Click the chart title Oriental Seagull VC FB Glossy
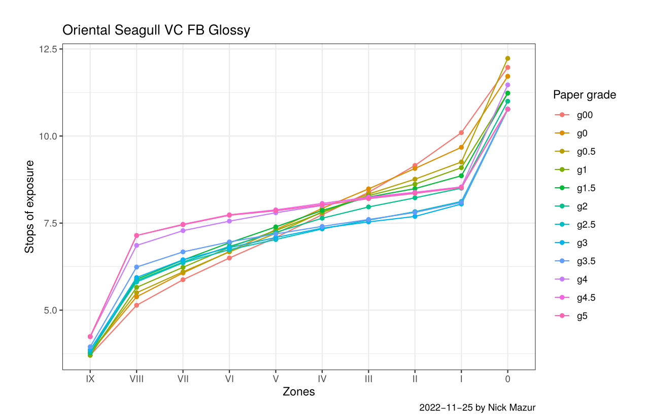pos(156,30)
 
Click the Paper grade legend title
pos(585,95)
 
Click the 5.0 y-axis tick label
pos(49,310)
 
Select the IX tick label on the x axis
pos(90,378)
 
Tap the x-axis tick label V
pos(276,378)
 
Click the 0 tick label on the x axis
pos(507,378)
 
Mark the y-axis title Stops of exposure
pos(30,206)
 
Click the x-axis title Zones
pos(298,392)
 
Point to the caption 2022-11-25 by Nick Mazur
pos(478,407)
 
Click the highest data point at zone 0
pos(507,58)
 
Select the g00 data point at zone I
pos(461,132)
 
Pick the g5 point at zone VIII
pos(137,235)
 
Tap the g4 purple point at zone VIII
pos(137,246)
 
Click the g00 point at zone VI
pos(229,258)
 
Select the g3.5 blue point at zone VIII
pos(137,267)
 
